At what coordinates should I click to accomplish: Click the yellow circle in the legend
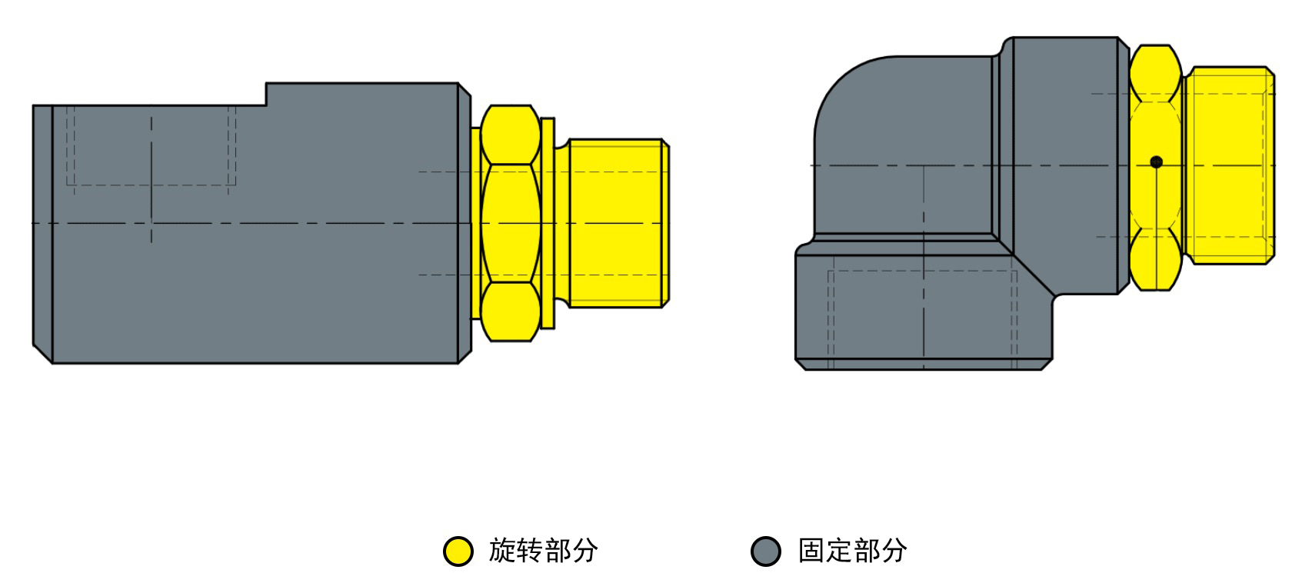point(458,551)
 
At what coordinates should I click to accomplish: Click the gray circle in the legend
point(765,551)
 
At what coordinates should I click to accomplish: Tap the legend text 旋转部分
point(543,551)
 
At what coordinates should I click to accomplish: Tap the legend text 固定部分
point(852,551)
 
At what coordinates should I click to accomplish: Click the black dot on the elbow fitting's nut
point(1156,162)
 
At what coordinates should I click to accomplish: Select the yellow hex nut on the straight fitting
point(510,223)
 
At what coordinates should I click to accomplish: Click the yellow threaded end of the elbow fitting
point(1230,165)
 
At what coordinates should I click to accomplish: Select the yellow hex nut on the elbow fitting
point(1156,168)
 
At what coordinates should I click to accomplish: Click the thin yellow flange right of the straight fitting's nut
point(548,223)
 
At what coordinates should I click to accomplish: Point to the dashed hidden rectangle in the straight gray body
point(151,146)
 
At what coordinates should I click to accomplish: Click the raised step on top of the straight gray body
point(362,94)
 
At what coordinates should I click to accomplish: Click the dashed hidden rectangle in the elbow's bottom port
point(923,319)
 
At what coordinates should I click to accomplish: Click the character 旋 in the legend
point(502,551)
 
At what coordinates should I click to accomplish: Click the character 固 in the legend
point(811,551)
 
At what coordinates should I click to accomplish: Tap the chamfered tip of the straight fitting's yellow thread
point(666,223)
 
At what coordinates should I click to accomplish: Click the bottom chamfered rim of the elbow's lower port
point(924,365)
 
